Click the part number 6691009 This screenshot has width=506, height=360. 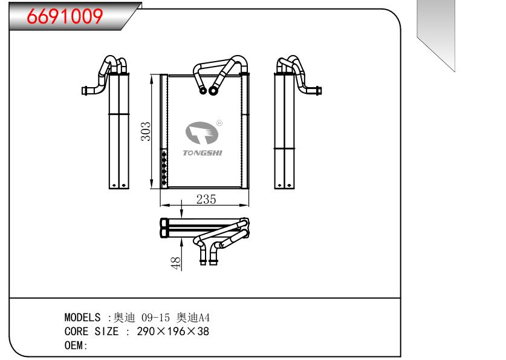[x=59, y=17]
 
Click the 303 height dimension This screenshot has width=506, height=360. [x=146, y=131]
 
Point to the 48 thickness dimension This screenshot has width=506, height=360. [x=176, y=263]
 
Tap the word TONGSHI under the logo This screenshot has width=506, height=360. [x=203, y=153]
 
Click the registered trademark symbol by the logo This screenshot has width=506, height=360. [x=219, y=122]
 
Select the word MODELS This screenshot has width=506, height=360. [x=82, y=318]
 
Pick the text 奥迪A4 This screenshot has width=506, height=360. [x=193, y=318]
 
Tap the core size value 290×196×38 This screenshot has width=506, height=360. [x=172, y=332]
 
